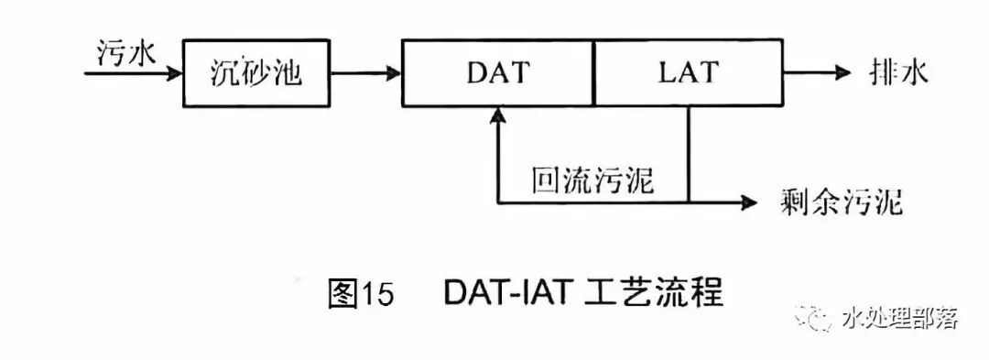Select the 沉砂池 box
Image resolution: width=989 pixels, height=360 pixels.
255,72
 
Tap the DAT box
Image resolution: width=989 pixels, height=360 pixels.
498,72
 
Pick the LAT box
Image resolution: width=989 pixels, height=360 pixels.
689,72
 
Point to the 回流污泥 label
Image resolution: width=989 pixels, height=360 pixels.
592,180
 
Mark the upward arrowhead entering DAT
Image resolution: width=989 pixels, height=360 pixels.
497,115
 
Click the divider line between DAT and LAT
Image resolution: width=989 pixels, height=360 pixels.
594,72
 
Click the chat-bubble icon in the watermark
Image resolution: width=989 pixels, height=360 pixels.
814,318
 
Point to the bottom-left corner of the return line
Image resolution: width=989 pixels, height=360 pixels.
497,201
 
